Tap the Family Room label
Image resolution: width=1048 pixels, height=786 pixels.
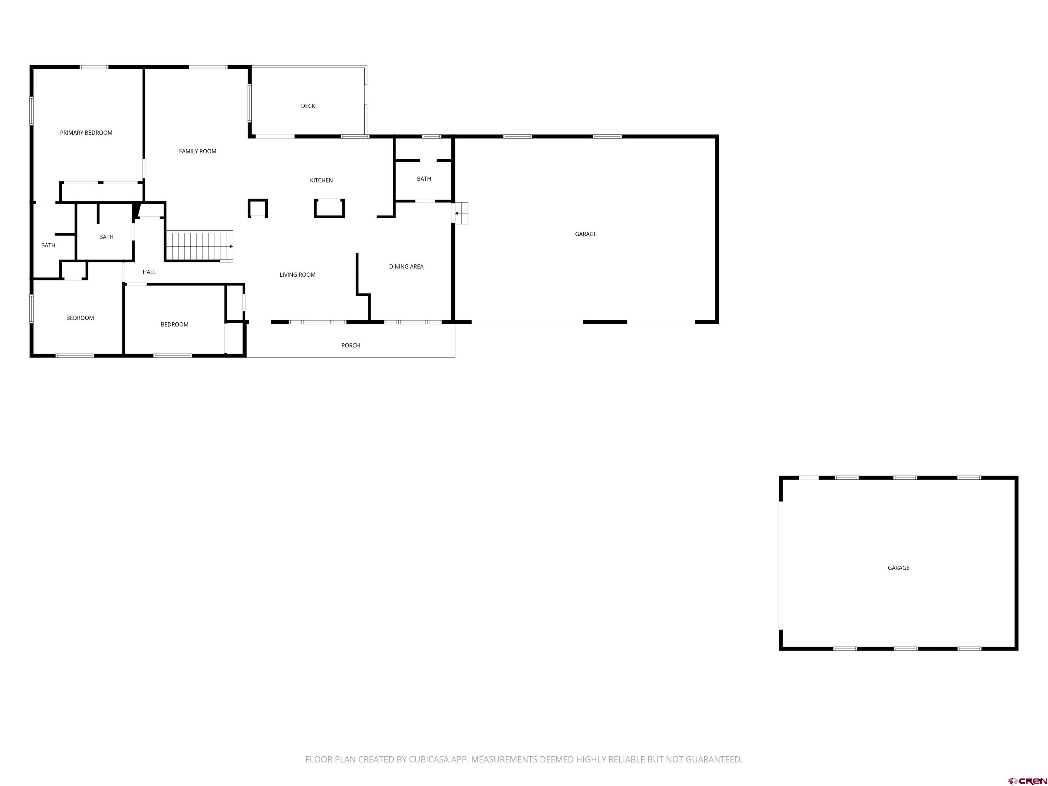[198, 151]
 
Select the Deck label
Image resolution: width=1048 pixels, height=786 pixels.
[308, 106]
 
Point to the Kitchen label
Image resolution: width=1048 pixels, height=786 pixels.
[321, 180]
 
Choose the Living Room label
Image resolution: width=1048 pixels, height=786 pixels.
[297, 275]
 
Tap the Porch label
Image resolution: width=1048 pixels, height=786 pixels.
[351, 345]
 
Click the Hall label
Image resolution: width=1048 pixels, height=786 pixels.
[149, 272]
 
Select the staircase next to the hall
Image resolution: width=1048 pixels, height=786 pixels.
[199, 246]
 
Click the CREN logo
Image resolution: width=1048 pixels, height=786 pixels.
[1028, 768]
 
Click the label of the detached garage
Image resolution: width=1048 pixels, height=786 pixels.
[898, 568]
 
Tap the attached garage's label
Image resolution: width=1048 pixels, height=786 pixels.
[586, 234]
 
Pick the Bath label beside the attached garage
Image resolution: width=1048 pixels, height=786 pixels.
[424, 179]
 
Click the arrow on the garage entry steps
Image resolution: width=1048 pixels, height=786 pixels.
[457, 213]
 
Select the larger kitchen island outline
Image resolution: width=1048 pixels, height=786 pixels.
[329, 208]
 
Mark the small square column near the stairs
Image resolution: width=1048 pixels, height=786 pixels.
[258, 208]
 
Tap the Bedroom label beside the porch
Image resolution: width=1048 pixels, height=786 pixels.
[174, 324]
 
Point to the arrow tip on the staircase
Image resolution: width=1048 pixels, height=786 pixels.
[231, 246]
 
